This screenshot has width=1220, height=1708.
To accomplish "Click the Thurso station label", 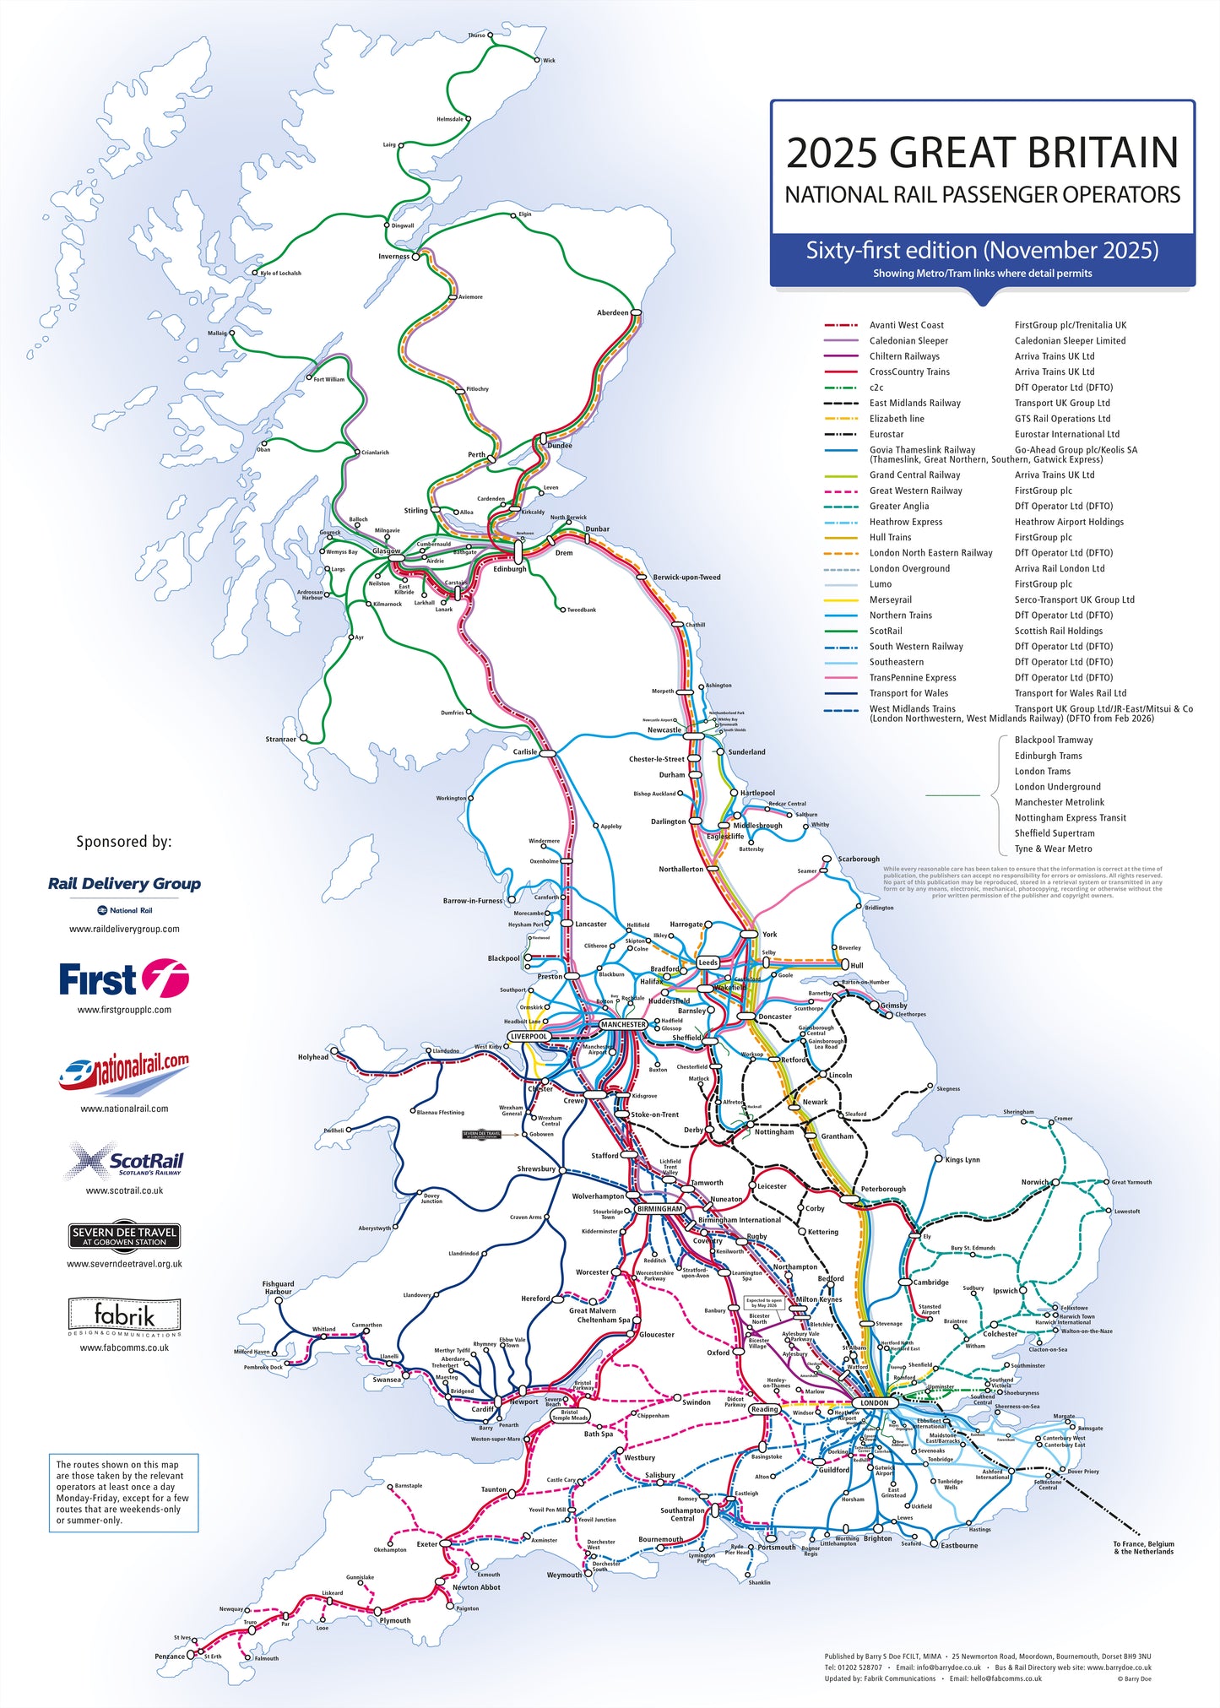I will pyautogui.click(x=476, y=35).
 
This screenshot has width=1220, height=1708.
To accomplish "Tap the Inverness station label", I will pyautogui.click(x=393, y=257).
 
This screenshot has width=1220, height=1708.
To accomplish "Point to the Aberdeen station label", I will pyautogui.click(x=612, y=313).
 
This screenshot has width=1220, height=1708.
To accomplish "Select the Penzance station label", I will pyautogui.click(x=170, y=1656).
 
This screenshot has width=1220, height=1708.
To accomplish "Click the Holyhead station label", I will pyautogui.click(x=313, y=1057).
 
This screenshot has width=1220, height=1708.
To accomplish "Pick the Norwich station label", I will pyautogui.click(x=1034, y=1182).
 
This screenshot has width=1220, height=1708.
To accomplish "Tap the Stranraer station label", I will pyautogui.click(x=281, y=740).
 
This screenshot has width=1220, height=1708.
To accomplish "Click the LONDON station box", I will pyautogui.click(x=875, y=1403).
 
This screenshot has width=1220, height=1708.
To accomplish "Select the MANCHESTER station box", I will pyautogui.click(x=623, y=1025).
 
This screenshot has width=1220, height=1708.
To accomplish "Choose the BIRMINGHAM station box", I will pyautogui.click(x=659, y=1209).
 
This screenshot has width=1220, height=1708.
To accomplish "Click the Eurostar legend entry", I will pyautogui.click(x=887, y=435).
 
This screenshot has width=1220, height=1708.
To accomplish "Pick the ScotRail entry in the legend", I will pyautogui.click(x=886, y=631).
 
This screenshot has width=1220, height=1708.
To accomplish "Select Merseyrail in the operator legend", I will pyautogui.click(x=891, y=599).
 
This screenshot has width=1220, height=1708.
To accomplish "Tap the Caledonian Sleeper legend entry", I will pyautogui.click(x=908, y=341).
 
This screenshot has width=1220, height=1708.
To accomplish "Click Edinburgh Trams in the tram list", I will pyautogui.click(x=1048, y=756).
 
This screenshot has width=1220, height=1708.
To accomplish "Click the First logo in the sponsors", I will pyautogui.click(x=123, y=980).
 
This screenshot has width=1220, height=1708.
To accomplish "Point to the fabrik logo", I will pyautogui.click(x=124, y=1316).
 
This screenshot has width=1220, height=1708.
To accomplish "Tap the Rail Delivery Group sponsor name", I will pyautogui.click(x=124, y=884).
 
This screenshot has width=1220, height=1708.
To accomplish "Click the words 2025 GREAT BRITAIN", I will pyautogui.click(x=982, y=153).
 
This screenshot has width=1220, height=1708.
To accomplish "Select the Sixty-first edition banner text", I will pyautogui.click(x=982, y=251).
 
